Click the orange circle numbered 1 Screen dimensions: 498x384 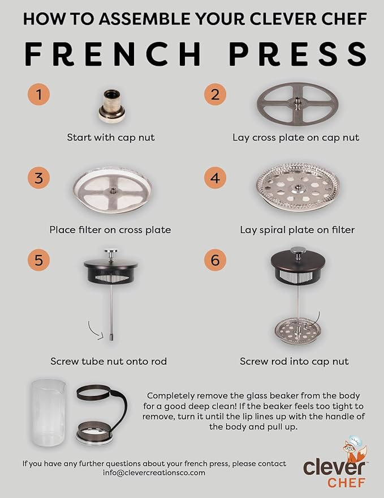[38, 94]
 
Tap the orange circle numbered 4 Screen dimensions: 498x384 [215, 178]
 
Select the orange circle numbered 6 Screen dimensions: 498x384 [215, 261]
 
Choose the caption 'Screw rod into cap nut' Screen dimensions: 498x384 [294, 361]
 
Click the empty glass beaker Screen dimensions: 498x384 [49, 414]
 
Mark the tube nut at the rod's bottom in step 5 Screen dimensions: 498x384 [111, 337]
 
